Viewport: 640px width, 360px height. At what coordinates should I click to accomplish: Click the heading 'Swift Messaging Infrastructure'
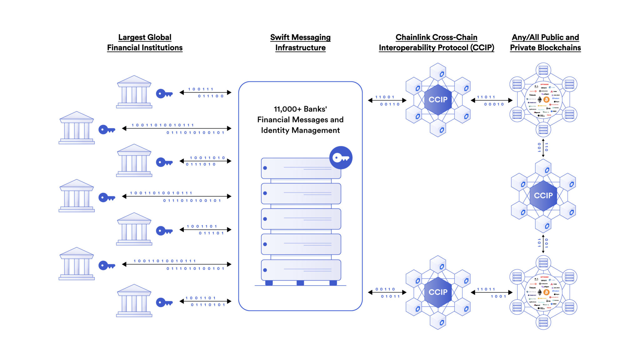click(300, 42)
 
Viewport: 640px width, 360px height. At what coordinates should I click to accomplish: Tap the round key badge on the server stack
click(341, 157)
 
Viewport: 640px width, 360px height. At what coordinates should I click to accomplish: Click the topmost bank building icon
click(134, 92)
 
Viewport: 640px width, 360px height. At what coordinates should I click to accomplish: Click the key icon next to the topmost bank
click(164, 93)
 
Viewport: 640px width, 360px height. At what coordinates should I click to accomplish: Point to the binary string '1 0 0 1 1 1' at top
click(201, 89)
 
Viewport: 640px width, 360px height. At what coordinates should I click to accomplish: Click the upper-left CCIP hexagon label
click(438, 100)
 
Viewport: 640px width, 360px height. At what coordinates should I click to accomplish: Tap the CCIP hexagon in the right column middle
click(543, 196)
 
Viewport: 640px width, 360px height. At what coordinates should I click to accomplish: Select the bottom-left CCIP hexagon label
click(438, 292)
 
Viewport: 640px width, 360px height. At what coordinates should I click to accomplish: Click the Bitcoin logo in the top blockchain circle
click(546, 100)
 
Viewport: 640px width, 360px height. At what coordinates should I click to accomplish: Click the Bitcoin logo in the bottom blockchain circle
click(546, 292)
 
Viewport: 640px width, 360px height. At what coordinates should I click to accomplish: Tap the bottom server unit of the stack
click(301, 270)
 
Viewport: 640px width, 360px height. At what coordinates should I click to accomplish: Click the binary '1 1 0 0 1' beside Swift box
click(385, 97)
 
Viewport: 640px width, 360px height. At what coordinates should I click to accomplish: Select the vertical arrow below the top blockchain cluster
click(543, 148)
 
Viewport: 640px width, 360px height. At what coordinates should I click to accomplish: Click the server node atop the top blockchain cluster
click(543, 70)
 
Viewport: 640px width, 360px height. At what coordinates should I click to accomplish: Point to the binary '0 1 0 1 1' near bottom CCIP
click(390, 296)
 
